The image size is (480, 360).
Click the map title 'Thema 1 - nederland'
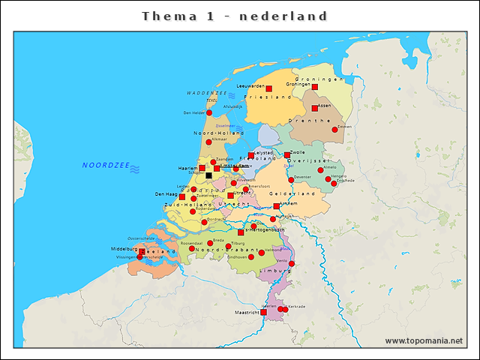click(235, 16)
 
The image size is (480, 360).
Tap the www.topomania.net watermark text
click(424, 340)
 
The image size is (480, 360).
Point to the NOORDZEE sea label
click(106, 165)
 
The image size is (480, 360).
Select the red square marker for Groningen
click(315, 87)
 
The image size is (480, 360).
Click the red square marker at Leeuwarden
click(269, 88)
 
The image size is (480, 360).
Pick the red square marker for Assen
click(315, 108)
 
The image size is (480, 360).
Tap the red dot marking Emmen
click(335, 130)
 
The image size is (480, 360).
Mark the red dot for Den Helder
click(209, 113)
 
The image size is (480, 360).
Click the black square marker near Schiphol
click(208, 175)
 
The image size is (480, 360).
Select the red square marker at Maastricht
click(263, 312)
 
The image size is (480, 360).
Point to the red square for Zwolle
click(287, 155)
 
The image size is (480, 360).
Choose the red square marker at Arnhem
click(277, 205)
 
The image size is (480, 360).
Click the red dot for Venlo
click(292, 263)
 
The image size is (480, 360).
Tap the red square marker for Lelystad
click(251, 156)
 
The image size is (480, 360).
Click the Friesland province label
click(268, 97)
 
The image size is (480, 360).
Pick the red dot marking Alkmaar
click(209, 142)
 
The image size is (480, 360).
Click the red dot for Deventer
click(291, 180)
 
